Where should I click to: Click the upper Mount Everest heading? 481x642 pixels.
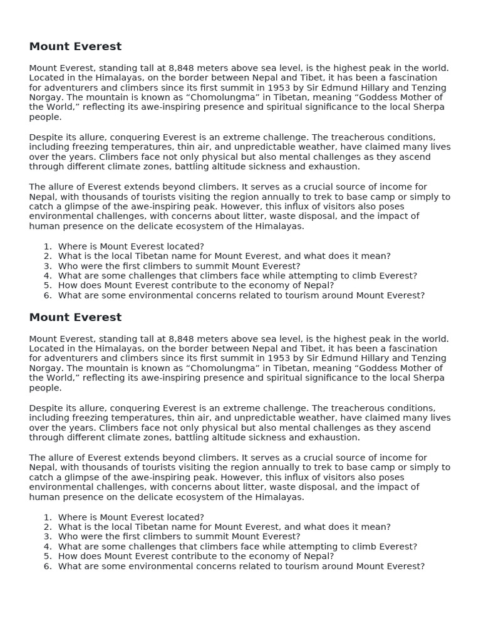(x=75, y=47)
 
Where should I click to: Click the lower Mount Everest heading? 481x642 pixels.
(x=75, y=318)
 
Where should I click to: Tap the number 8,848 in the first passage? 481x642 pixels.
(x=182, y=68)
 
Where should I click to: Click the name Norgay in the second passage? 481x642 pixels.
(x=45, y=369)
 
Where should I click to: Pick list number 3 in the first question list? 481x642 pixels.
(x=48, y=266)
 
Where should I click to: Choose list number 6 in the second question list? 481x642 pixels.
(x=48, y=566)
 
